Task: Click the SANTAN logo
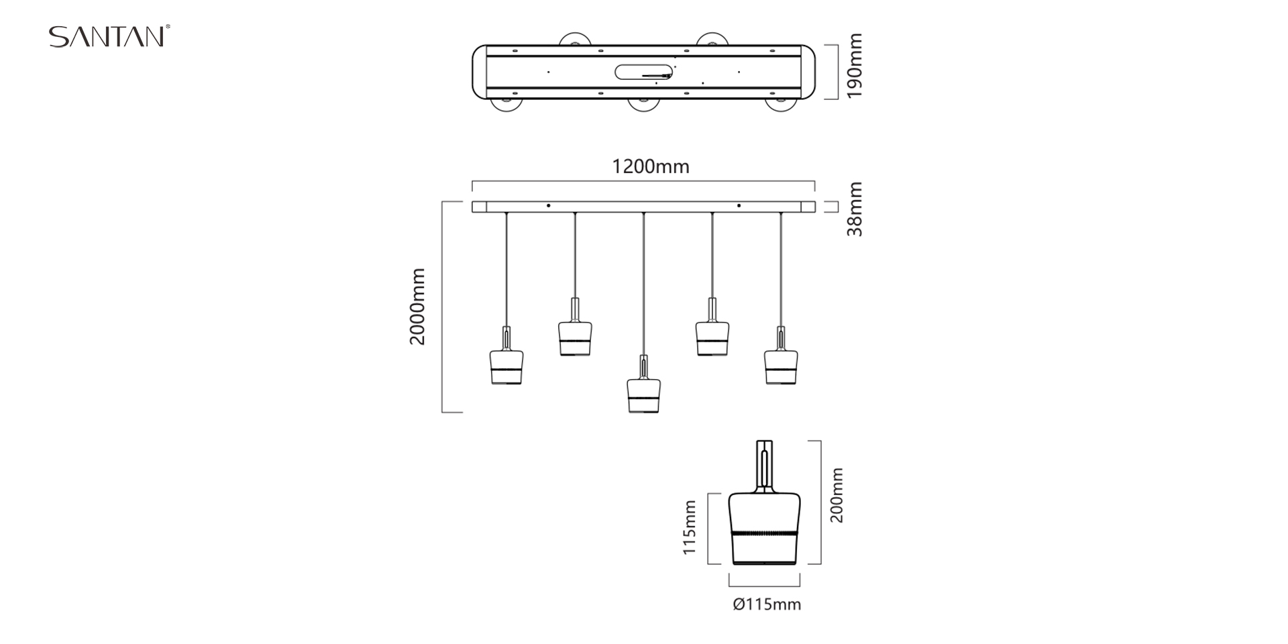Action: coord(109,36)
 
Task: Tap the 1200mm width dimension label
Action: coord(650,166)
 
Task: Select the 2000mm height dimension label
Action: coord(417,307)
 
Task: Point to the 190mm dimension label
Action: coord(854,66)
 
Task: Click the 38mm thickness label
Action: coord(854,209)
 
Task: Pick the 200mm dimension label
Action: coord(837,495)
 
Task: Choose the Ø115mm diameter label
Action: coord(767,604)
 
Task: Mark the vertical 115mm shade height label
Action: coord(689,528)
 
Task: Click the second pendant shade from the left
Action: coord(575,338)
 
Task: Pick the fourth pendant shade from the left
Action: coord(712,338)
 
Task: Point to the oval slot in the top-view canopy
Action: coord(644,72)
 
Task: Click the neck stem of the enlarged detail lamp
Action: coord(765,464)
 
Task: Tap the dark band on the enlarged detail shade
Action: coord(765,533)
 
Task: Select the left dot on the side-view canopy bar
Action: coord(549,205)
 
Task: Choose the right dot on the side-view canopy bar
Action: coord(739,205)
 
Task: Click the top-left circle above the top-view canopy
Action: coord(576,38)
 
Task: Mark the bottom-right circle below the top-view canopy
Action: coord(780,105)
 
